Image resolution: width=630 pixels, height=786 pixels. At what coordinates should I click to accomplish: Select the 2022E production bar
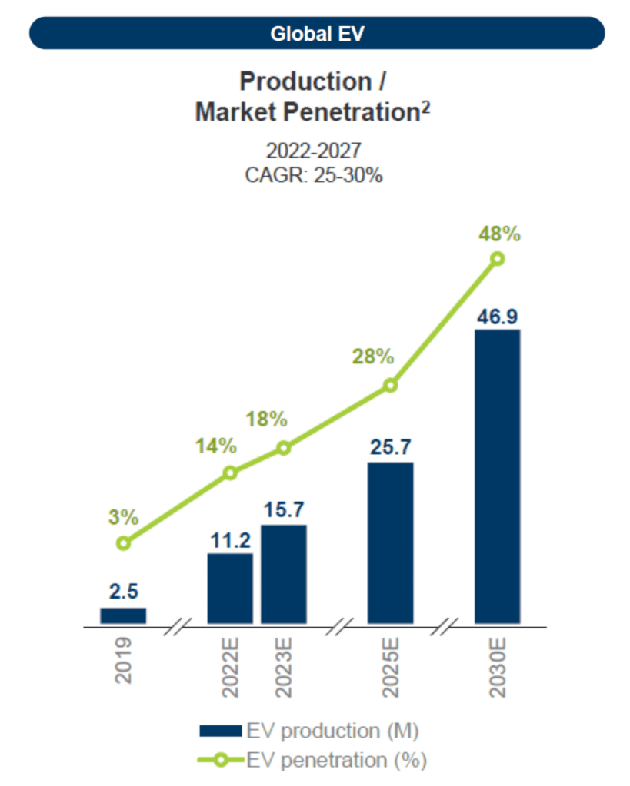(230, 588)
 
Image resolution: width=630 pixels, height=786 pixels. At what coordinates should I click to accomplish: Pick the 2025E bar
(390, 542)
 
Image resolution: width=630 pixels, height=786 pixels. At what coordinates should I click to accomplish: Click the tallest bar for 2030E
(497, 476)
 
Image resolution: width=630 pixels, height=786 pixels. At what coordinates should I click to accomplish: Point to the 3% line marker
(123, 543)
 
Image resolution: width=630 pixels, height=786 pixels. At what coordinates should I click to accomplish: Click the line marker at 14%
(230, 473)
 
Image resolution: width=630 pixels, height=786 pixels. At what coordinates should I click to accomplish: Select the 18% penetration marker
(284, 448)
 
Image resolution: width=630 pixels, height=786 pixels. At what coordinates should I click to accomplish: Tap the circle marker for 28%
(390, 385)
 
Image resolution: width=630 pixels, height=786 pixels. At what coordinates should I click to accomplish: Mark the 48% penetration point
(497, 259)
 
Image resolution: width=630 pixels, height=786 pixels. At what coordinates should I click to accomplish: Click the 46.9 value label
(497, 315)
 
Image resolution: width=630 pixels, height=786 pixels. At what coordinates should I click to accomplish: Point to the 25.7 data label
(390, 447)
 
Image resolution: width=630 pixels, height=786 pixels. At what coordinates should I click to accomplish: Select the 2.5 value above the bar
(123, 592)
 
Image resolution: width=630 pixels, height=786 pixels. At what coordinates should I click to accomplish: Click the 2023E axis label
(284, 666)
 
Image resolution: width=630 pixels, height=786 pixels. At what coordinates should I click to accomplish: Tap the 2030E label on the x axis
(497, 666)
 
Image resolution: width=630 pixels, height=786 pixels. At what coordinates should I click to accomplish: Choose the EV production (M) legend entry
(308, 729)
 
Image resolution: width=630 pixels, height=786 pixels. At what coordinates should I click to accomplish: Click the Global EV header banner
(316, 34)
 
